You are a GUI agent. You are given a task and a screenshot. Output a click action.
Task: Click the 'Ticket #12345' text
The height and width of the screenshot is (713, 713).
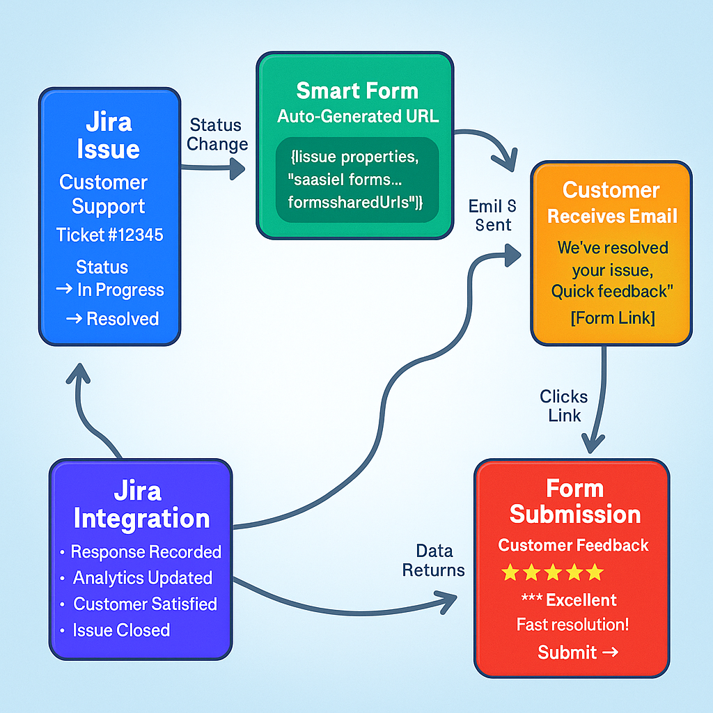[x=110, y=235]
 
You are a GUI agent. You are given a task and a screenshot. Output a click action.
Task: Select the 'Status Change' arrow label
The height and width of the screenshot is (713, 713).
[x=217, y=135]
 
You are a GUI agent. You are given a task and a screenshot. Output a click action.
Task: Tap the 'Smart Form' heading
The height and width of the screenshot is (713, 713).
[x=357, y=91]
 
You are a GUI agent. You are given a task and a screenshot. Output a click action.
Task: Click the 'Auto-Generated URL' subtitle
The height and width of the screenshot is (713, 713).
[x=358, y=116]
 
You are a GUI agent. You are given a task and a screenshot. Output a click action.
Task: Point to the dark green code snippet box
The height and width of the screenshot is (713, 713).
[x=357, y=180]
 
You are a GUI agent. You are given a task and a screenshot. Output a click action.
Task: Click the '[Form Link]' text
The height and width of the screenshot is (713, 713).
[x=612, y=318]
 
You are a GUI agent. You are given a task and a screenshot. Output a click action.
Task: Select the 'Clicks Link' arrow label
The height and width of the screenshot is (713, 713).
[x=563, y=406]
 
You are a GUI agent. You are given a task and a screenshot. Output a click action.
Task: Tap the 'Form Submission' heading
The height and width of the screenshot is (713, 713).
[x=574, y=501]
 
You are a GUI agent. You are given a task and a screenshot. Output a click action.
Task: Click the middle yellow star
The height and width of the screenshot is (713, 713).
[x=552, y=573]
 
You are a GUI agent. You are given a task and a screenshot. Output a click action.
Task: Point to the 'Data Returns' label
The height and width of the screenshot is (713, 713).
[x=434, y=561]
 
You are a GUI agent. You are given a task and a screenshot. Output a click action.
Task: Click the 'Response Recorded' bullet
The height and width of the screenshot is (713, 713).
[x=146, y=552]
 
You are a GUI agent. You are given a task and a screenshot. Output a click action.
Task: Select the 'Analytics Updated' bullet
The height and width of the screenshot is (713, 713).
[x=143, y=578]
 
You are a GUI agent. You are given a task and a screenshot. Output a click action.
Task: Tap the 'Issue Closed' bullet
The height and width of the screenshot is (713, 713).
[x=121, y=630]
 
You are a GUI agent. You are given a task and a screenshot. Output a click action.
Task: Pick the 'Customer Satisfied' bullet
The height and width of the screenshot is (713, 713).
[x=145, y=604]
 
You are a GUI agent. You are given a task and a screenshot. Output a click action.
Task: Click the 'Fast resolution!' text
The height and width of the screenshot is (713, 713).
[x=573, y=625]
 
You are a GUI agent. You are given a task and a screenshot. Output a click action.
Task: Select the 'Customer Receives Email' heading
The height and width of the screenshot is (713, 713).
[x=611, y=203]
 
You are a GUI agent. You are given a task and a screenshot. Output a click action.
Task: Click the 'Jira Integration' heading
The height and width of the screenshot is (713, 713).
[x=141, y=506]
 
